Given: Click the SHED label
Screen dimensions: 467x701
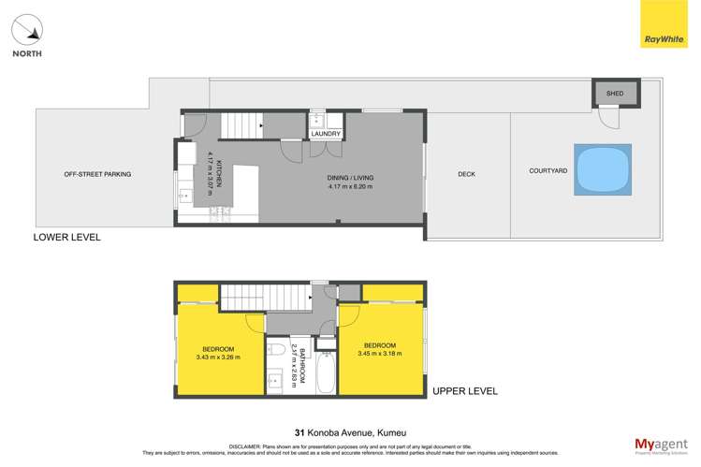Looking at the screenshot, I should [x=615, y=94].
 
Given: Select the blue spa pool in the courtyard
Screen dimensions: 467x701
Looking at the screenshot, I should [x=602, y=171].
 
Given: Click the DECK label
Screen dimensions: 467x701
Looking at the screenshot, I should [x=467, y=174].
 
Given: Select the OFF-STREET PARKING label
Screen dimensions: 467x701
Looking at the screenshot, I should [x=97, y=174].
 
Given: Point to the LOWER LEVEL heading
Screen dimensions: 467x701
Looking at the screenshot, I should [x=66, y=238].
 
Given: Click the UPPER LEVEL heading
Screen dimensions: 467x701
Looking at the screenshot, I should [x=464, y=390].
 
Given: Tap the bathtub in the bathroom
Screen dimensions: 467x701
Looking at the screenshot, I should [x=326, y=372].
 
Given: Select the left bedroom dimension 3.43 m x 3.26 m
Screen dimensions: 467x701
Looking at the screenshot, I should [x=219, y=357].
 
